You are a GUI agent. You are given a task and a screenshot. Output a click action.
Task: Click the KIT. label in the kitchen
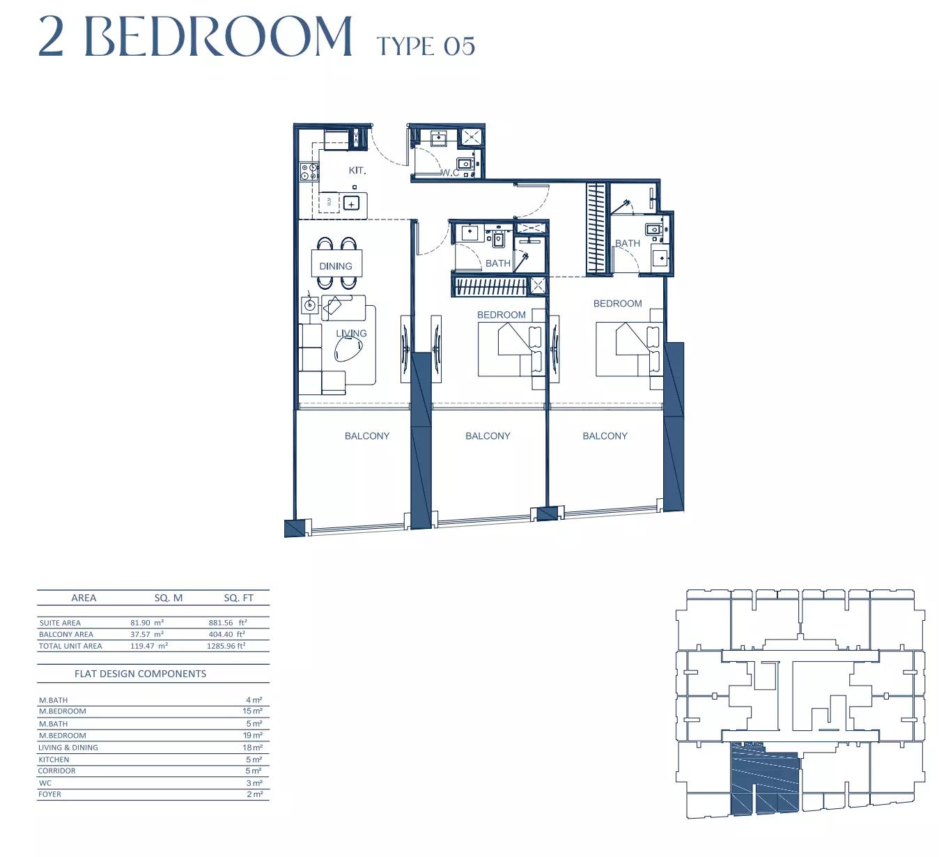[x=357, y=171]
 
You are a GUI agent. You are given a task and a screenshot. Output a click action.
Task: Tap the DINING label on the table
[x=336, y=266]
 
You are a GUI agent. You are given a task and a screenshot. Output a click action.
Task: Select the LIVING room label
[x=351, y=333]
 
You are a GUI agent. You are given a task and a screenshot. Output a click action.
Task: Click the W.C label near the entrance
[x=450, y=173]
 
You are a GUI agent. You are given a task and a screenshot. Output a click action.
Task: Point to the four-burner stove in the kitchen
[x=309, y=171]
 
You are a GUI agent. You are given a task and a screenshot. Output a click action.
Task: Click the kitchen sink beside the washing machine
[x=351, y=203]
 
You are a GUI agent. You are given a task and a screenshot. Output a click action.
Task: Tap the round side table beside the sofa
[x=309, y=305]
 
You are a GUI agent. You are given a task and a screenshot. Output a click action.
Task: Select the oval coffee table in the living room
[x=349, y=349]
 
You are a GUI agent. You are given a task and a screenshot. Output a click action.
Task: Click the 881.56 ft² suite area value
[x=228, y=622]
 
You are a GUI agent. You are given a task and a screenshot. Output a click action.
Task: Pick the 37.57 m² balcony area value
[x=147, y=634]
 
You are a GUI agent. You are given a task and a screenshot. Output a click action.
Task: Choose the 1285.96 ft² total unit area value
[x=226, y=645]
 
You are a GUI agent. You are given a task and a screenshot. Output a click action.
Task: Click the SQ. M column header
[x=169, y=598]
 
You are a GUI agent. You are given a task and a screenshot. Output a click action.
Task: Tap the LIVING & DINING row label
[x=68, y=748]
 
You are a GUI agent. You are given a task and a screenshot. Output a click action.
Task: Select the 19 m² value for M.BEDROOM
[x=253, y=735]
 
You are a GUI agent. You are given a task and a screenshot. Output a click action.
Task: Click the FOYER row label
[x=49, y=794]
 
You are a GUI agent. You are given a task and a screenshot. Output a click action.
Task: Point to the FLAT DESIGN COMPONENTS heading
[x=141, y=674]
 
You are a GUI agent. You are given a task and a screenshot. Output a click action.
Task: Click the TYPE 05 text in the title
[x=426, y=47]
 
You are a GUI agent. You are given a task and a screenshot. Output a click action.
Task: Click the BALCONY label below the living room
[x=367, y=436]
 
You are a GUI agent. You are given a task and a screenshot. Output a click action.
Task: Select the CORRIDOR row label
[x=56, y=771]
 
